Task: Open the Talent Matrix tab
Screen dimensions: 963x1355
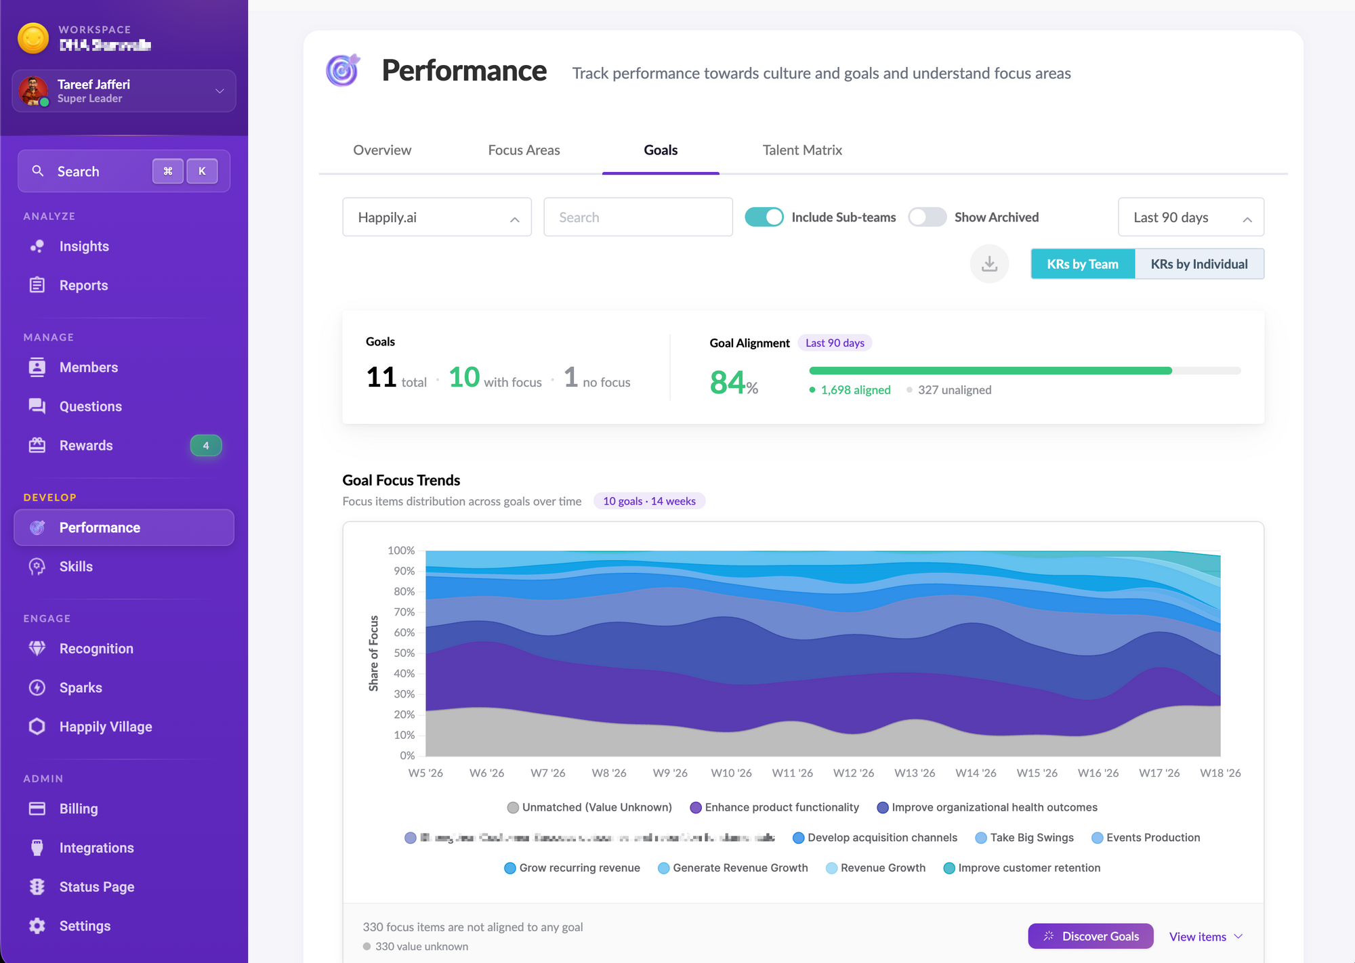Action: (x=802, y=150)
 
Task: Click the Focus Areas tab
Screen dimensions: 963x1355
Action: (x=524, y=150)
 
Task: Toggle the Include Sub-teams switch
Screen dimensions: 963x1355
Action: (x=764, y=217)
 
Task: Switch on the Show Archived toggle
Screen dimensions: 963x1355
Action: (x=927, y=217)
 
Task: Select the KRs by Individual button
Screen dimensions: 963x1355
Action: (x=1198, y=264)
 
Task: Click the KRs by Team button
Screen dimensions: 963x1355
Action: (x=1082, y=264)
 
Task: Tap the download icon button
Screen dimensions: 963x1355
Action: (x=989, y=264)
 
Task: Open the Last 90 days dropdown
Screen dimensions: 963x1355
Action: (x=1190, y=217)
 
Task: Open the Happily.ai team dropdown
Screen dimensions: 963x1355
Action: (x=437, y=217)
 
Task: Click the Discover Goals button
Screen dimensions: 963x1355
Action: (x=1090, y=936)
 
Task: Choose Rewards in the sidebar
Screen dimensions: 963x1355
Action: (x=86, y=446)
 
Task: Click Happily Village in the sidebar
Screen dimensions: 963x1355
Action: (x=106, y=727)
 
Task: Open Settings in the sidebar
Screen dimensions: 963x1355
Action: (x=85, y=926)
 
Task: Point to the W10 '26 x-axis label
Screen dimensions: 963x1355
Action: (x=731, y=773)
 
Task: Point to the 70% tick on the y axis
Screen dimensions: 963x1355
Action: (x=404, y=612)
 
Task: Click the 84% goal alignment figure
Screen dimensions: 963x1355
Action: (x=733, y=383)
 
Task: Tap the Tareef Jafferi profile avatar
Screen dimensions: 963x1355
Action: (x=33, y=91)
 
